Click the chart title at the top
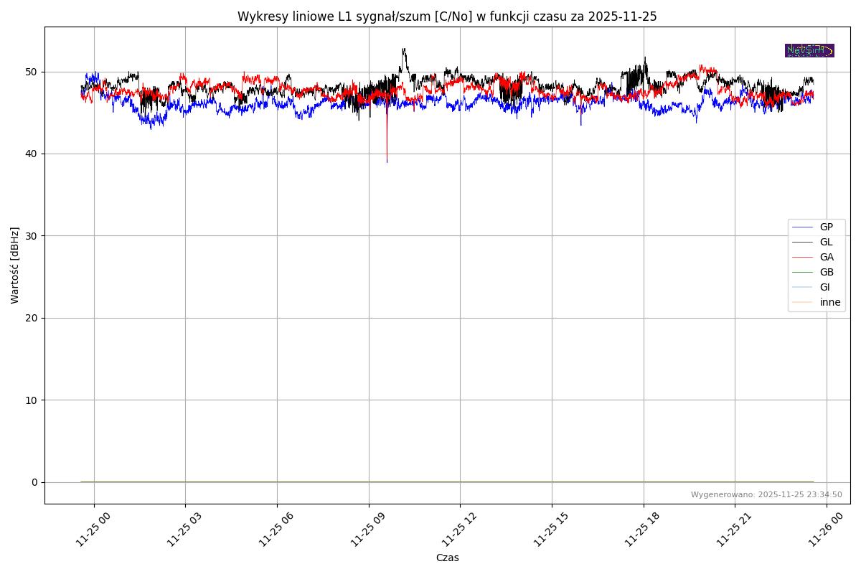447,17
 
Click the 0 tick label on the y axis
34,482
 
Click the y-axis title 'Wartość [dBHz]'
15,265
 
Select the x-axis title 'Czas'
447,557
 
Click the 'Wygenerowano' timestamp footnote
766,494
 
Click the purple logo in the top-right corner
809,50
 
